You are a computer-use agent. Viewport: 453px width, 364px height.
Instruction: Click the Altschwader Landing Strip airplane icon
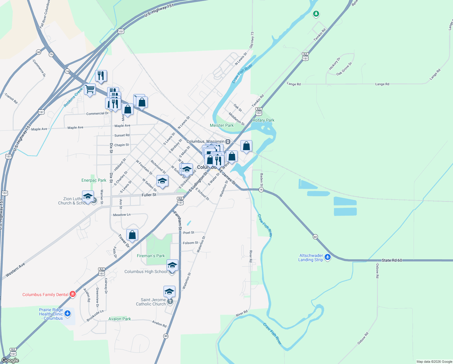click(328, 258)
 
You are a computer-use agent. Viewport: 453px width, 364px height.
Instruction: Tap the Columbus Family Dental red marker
click(73, 294)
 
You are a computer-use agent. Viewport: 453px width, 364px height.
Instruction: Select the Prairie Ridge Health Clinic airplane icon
click(68, 314)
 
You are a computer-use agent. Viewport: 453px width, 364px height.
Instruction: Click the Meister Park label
click(222, 125)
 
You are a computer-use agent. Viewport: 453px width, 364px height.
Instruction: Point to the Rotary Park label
click(263, 120)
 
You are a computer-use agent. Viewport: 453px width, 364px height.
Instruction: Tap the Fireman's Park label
click(151, 256)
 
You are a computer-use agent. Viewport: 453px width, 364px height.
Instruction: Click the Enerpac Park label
click(94, 180)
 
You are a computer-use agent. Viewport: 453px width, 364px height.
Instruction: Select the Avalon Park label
click(120, 319)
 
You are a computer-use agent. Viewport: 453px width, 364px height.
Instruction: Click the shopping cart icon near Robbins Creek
click(90, 89)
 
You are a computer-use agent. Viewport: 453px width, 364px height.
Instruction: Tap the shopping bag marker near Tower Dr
click(132, 235)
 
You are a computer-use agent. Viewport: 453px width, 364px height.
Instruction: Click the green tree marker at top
click(316, 14)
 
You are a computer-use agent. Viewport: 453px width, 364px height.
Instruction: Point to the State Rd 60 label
click(392, 260)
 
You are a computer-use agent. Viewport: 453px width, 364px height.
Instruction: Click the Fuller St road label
click(149, 195)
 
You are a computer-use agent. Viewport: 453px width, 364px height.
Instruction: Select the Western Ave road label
click(15, 270)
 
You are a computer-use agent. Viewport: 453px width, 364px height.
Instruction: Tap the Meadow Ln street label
click(122, 215)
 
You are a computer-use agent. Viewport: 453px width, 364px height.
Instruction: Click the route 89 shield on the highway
click(166, 336)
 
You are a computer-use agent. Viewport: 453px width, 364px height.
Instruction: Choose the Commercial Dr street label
click(97, 113)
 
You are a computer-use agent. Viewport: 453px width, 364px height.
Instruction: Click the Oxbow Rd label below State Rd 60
click(377, 271)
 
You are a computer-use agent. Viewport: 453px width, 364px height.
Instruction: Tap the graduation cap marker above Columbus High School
click(172, 265)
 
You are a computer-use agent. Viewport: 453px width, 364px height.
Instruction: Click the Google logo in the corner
click(10, 360)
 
